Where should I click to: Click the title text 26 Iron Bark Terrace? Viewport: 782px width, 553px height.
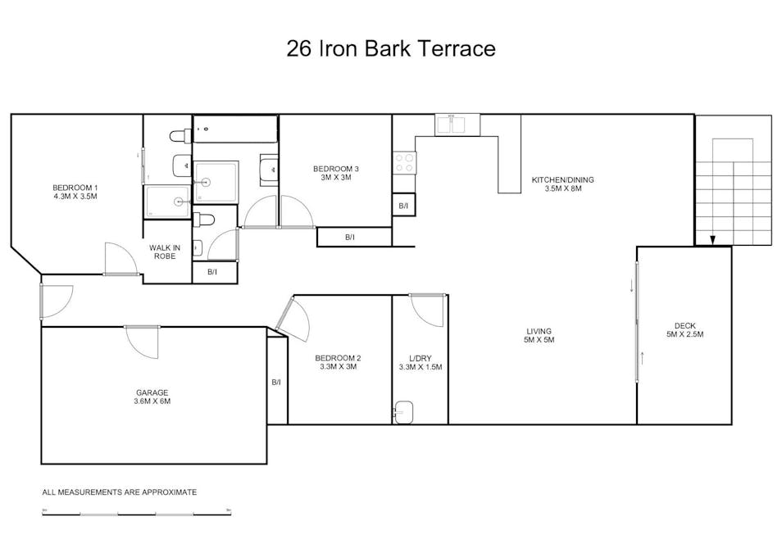[x=391, y=48]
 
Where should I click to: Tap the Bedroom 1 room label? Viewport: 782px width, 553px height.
[x=75, y=193]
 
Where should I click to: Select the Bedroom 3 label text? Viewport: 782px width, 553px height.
[x=336, y=173]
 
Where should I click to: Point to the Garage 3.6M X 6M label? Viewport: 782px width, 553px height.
[x=153, y=397]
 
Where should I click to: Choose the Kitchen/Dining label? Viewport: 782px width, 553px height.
[x=562, y=184]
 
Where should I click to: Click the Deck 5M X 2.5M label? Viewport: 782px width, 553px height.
[x=684, y=329]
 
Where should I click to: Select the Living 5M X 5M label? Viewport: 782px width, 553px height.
[x=539, y=335]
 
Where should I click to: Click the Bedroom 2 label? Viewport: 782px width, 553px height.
[x=338, y=362]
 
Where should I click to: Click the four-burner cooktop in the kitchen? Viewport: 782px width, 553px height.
[x=404, y=162]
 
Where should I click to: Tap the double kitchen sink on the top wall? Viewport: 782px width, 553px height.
[x=450, y=125]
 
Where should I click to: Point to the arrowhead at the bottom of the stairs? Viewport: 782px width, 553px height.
[x=712, y=239]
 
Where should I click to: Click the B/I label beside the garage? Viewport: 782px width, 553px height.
[x=276, y=383]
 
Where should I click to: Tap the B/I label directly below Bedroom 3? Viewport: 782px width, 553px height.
[x=349, y=238]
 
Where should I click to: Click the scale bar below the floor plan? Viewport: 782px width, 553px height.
[x=136, y=514]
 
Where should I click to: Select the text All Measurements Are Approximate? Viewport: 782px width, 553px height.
[x=120, y=492]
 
